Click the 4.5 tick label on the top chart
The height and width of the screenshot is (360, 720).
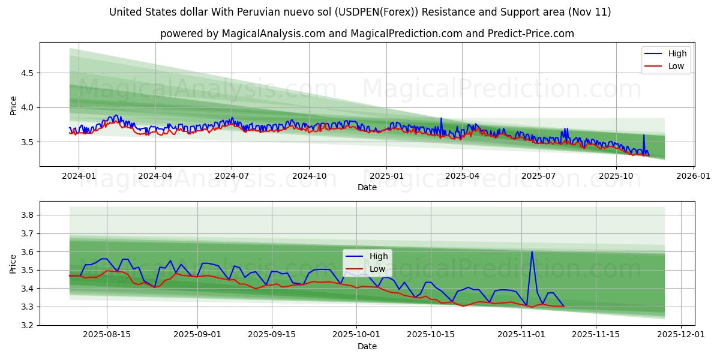pyautogui.click(x=26, y=73)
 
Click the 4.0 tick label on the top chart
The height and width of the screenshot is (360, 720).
pyautogui.click(x=26, y=108)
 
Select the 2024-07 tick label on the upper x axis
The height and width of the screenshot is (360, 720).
pyautogui.click(x=232, y=176)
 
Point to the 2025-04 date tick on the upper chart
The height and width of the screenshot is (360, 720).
pyautogui.click(x=462, y=176)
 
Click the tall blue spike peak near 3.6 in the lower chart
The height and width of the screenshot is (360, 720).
pyautogui.click(x=532, y=251)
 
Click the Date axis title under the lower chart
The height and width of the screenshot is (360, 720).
pyautogui.click(x=367, y=346)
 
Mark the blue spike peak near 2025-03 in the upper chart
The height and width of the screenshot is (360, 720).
pyautogui.click(x=441, y=118)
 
